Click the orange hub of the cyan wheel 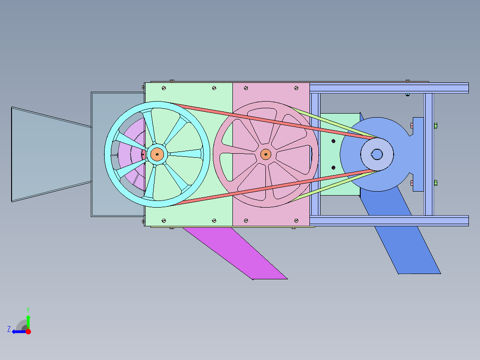[157, 155]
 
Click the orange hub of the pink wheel [266, 154]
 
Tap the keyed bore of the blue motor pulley [377, 154]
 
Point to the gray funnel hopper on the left [52, 155]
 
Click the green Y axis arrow [28, 322]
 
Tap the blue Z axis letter [9, 329]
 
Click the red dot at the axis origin [28, 331]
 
